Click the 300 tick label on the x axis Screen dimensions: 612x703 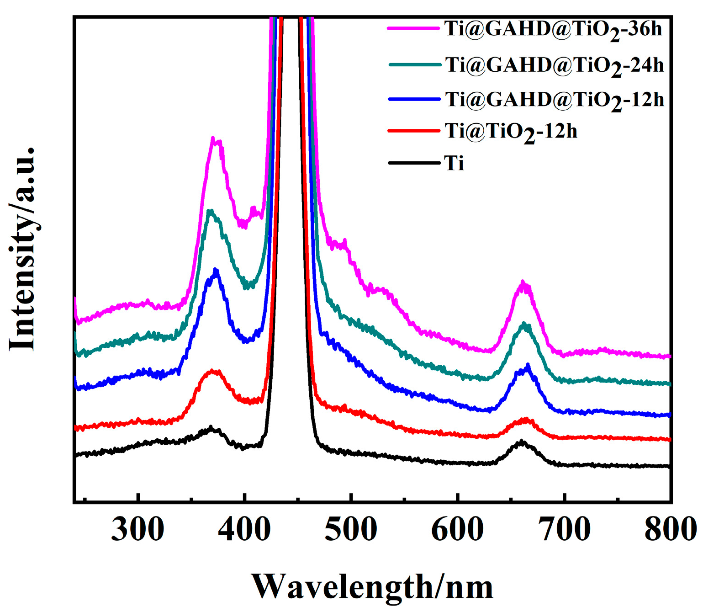tap(137, 530)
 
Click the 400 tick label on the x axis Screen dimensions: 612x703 tap(244, 530)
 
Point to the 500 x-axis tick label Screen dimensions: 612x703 tap(351, 530)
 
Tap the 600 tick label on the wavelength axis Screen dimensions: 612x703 tap(458, 530)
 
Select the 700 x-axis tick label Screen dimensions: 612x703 tap(565, 530)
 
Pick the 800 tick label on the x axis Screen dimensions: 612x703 tap(670, 530)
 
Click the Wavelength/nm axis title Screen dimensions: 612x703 tap(372, 587)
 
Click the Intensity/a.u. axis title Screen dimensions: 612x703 tap(23, 249)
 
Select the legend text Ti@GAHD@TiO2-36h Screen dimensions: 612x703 tap(553, 29)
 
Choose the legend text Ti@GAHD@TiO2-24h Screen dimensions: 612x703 tap(554, 65)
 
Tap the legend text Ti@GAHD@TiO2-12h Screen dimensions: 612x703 tap(554, 100)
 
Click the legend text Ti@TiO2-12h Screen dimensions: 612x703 tap(511, 132)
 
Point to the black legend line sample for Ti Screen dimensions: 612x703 tap(414, 163)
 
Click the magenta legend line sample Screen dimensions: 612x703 tap(413, 28)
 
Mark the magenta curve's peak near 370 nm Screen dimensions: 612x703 tap(213, 138)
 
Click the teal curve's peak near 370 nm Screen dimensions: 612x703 tap(211, 211)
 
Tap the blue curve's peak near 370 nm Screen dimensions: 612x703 tap(216, 271)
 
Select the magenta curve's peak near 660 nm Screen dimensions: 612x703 tap(523, 282)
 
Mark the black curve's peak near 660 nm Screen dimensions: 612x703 tap(522, 442)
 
